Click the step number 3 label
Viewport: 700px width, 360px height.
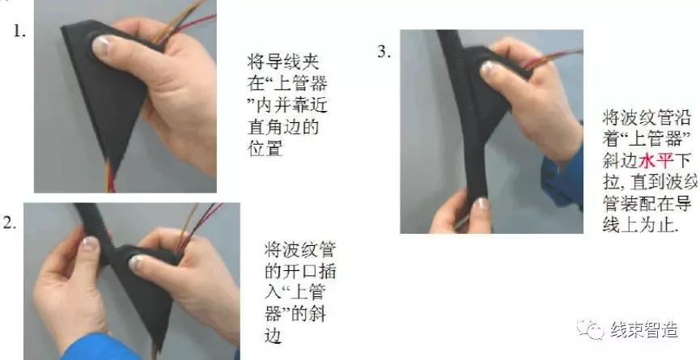pos(383,52)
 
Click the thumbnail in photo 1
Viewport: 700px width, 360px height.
pos(102,46)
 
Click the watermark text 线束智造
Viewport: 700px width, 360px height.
pos(644,329)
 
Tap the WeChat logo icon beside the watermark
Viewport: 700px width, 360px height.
pos(595,329)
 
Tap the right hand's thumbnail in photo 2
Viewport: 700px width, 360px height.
pos(140,261)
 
